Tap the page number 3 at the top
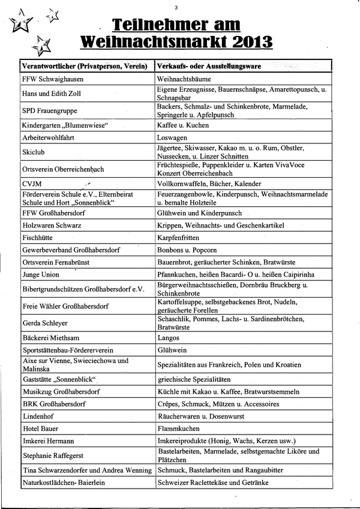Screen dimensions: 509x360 pos(176,8)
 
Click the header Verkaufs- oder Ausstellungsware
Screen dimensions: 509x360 pos(211,65)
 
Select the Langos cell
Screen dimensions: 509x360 pos(168,338)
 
